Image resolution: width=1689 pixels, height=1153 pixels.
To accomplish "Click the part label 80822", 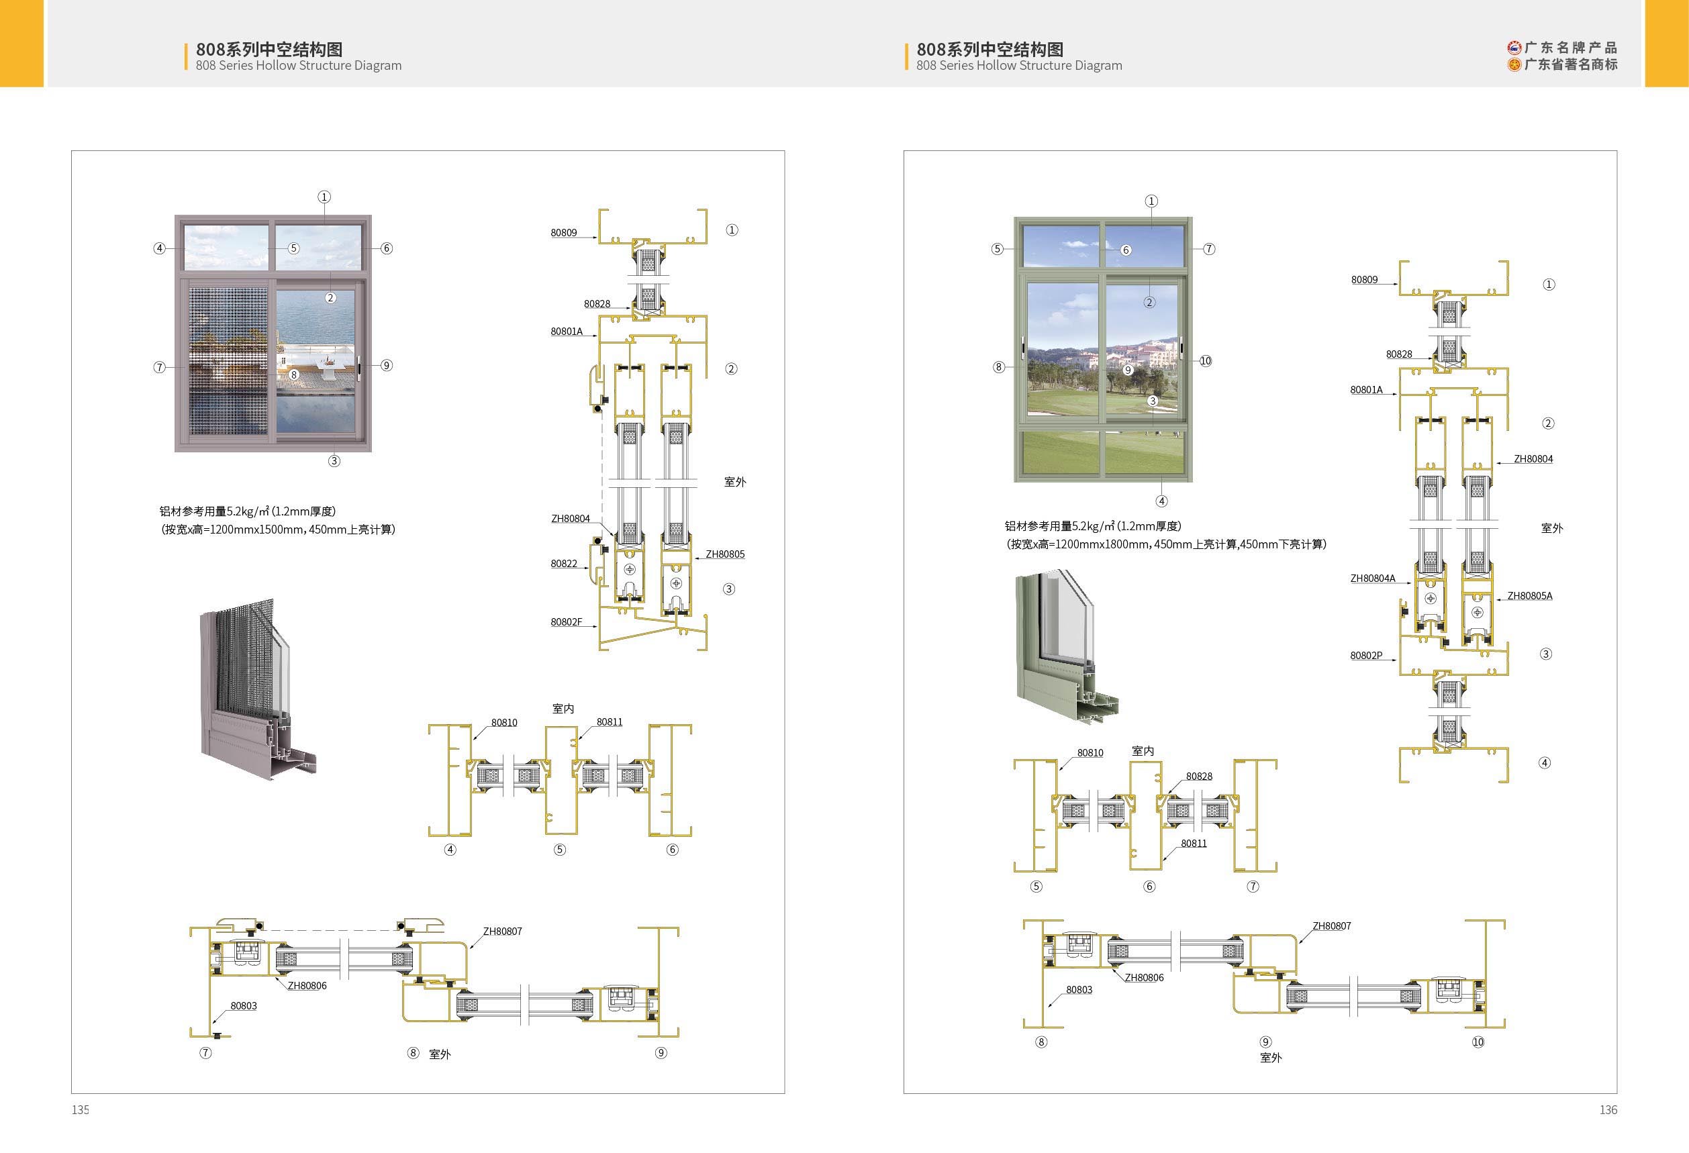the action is click(x=563, y=563).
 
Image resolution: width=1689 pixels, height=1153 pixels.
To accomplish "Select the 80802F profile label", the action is click(x=566, y=622).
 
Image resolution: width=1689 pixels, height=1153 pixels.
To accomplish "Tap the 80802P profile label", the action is click(x=1365, y=655).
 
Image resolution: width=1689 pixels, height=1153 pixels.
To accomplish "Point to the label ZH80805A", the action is click(x=1529, y=596).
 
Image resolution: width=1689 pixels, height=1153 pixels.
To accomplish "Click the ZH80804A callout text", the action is click(x=1372, y=579).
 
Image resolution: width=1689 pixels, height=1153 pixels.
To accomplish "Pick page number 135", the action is click(x=80, y=1109).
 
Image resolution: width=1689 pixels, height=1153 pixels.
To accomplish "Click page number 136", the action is click(x=1608, y=1109).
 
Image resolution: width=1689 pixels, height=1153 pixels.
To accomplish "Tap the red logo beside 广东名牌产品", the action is click(x=1514, y=48).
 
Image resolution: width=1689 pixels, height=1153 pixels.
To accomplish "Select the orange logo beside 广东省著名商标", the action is click(x=1514, y=64).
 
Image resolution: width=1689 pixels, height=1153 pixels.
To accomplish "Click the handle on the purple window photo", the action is click(x=360, y=366).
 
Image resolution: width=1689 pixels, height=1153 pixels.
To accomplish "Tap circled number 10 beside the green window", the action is click(x=1205, y=361).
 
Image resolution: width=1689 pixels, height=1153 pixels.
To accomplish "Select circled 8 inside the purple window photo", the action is click(x=293, y=375).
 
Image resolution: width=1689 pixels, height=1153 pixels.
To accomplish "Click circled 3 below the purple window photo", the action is click(x=334, y=460).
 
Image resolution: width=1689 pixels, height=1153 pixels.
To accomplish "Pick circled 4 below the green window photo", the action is click(x=1161, y=501).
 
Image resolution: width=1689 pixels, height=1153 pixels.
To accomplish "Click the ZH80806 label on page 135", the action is click(x=307, y=986).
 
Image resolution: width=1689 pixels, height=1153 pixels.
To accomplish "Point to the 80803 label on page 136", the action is click(x=1079, y=989).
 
